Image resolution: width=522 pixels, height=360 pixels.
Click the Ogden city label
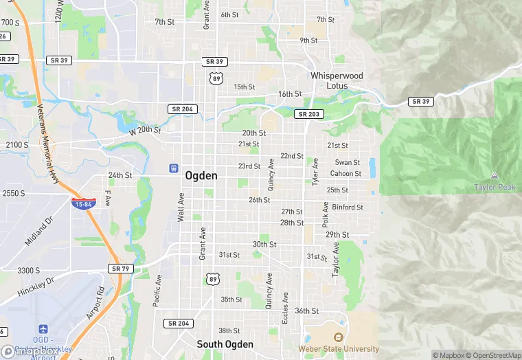[x=201, y=176]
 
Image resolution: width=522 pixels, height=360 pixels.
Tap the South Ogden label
[x=225, y=344]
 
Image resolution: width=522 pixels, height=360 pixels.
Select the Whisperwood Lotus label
[x=337, y=80]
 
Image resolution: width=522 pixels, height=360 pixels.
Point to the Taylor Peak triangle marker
[x=495, y=176]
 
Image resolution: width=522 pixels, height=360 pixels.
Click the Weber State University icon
[x=338, y=337]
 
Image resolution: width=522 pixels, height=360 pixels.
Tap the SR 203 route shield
[x=308, y=114]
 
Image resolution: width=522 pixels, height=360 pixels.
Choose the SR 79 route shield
[x=120, y=268]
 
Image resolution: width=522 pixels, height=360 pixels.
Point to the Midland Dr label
[x=39, y=232]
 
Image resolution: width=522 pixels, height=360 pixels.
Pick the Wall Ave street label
[x=181, y=206]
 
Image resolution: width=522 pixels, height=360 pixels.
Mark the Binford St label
[x=348, y=207]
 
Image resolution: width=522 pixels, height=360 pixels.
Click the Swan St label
[x=347, y=163]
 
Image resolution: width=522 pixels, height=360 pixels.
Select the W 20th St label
[x=144, y=130]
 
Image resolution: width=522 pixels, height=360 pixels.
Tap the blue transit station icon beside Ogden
[x=174, y=168]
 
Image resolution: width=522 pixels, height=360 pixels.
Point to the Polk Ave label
[x=325, y=215]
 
